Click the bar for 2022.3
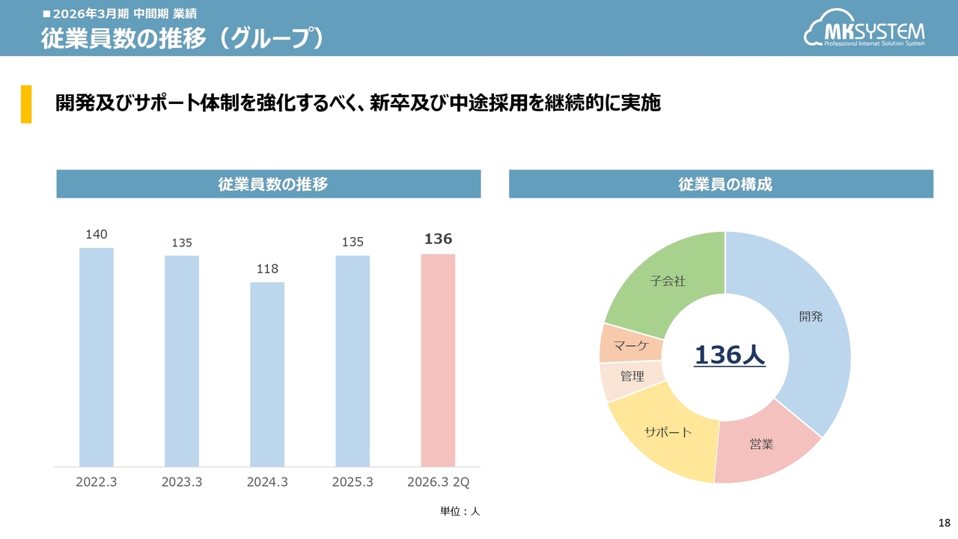pos(97,357)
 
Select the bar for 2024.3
pos(267,374)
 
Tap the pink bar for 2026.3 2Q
pos(438,360)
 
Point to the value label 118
pos(267,269)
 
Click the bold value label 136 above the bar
pos(438,239)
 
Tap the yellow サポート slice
pos(666,438)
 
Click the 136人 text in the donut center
pos(730,356)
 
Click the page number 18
pos(944,523)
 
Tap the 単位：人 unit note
pos(460,511)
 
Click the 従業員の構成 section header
pos(721,184)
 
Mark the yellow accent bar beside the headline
pos(26,103)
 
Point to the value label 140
pos(97,234)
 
